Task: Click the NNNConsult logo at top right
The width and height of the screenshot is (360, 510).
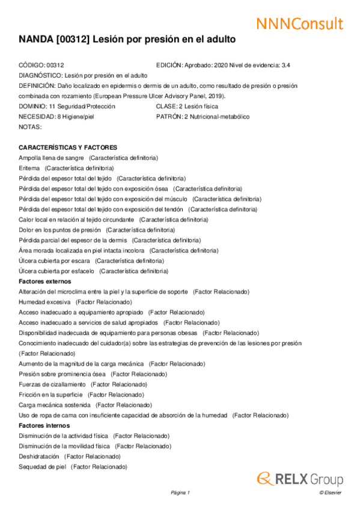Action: pyautogui.click(x=299, y=23)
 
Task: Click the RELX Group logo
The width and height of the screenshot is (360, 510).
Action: pyautogui.click(x=300, y=479)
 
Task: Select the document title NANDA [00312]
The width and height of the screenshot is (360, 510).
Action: pyautogui.click(x=127, y=40)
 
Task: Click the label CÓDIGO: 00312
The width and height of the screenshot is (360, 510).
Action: pyautogui.click(x=41, y=65)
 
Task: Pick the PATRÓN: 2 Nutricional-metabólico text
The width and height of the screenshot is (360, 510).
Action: pyautogui.click(x=203, y=117)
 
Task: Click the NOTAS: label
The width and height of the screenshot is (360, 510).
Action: pyautogui.click(x=30, y=127)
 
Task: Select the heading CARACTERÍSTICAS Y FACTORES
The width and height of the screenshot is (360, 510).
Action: pyautogui.click(x=68, y=147)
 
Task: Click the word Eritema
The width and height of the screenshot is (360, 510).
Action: pyautogui.click(x=29, y=168)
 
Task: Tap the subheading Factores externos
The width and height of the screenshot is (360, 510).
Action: pyautogui.click(x=45, y=281)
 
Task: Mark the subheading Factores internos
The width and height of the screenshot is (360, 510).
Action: pyautogui.click(x=44, y=425)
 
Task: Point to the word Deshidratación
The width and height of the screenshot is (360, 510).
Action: pyautogui.click(x=39, y=456)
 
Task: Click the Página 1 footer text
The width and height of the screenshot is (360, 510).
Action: pyautogui.click(x=180, y=493)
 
